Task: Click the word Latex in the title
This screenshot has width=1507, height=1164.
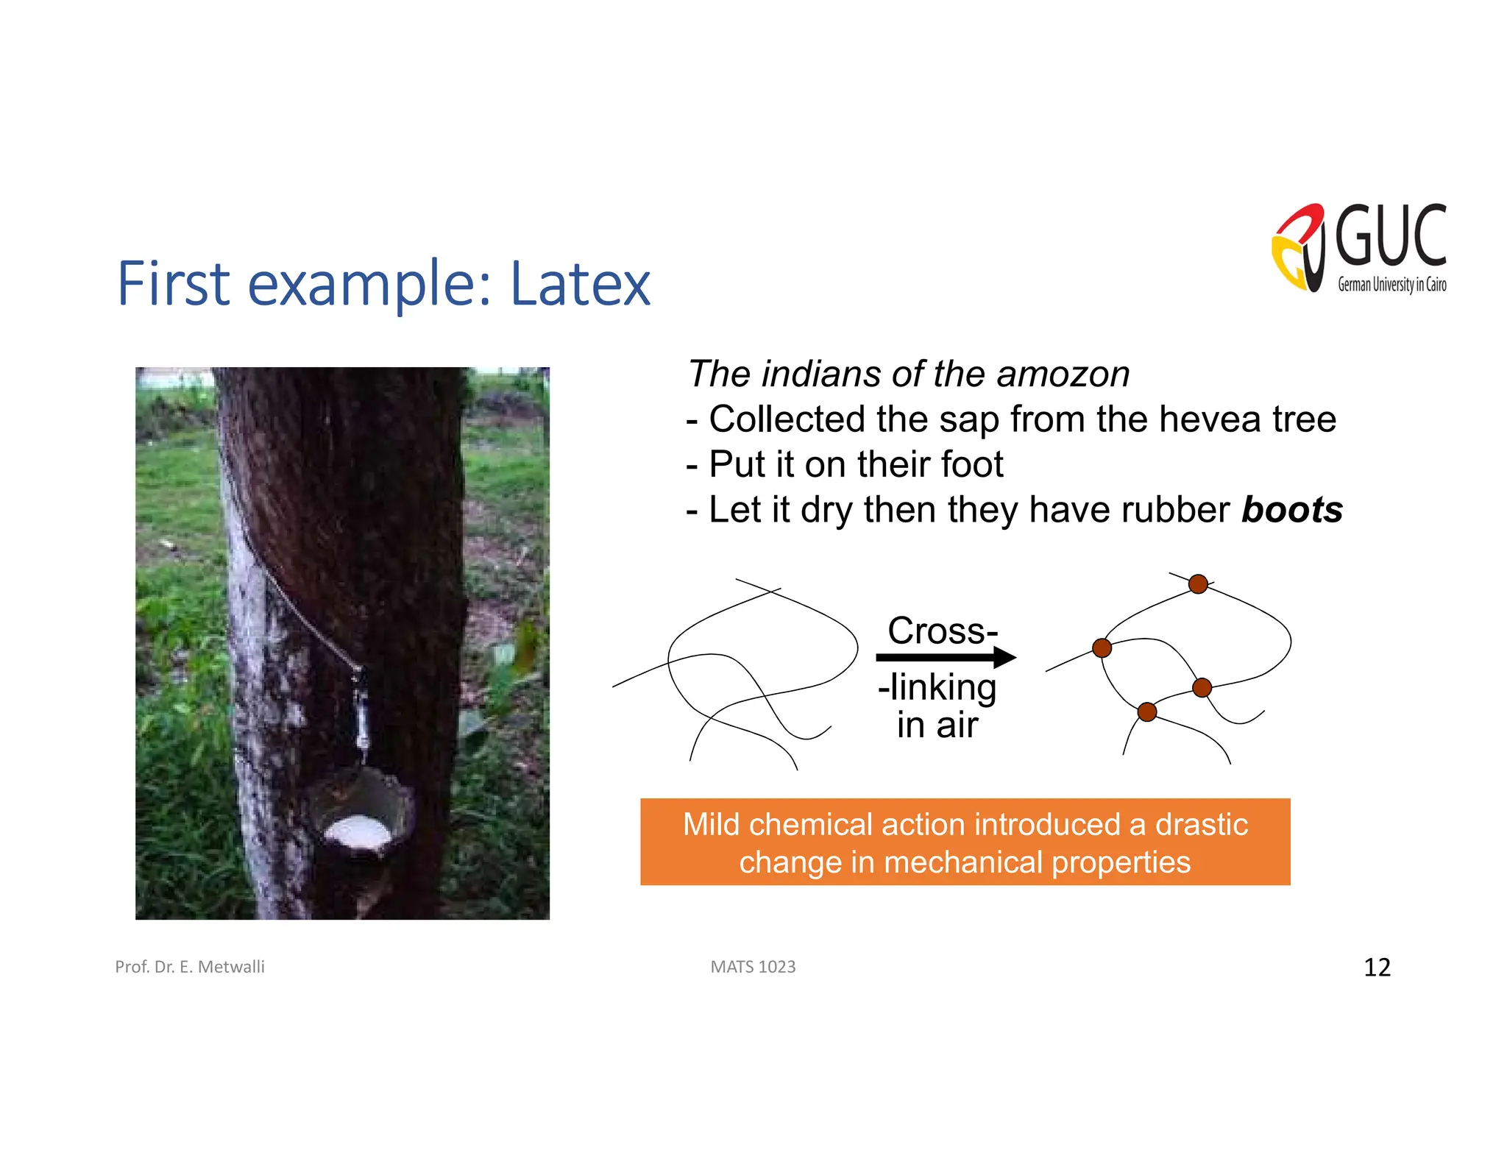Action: [580, 284]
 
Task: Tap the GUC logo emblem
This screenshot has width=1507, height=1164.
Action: [1299, 249]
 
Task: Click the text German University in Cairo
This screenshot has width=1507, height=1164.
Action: [1391, 285]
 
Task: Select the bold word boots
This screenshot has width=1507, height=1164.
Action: [1291, 510]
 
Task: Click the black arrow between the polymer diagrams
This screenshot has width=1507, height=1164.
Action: [946, 657]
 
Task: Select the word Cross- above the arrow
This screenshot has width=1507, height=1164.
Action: [943, 631]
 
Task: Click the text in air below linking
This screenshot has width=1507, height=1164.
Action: [937, 725]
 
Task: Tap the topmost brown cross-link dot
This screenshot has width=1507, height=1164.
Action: [1198, 584]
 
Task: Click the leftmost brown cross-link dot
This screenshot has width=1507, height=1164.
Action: [1102, 648]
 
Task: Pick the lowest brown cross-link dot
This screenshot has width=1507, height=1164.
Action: [1147, 711]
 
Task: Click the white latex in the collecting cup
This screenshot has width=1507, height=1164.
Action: [358, 834]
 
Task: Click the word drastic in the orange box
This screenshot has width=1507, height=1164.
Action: [1201, 825]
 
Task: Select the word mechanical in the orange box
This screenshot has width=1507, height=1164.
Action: [963, 862]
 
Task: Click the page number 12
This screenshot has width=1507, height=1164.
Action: [1377, 967]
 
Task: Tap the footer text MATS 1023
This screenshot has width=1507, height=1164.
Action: [753, 967]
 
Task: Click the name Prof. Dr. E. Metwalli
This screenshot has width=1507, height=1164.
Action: [190, 967]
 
